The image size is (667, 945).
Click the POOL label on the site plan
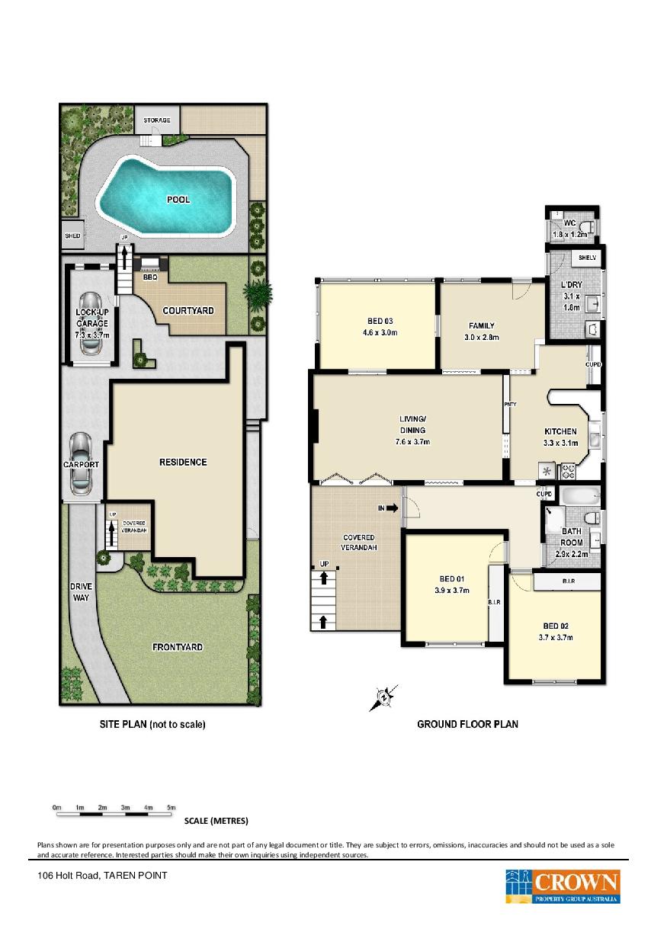click(178, 199)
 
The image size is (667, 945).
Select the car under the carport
click(81, 463)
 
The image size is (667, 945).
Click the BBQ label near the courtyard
click(149, 277)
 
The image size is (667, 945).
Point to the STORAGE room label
click(156, 120)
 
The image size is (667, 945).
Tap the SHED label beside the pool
click(72, 235)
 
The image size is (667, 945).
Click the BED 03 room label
click(380, 321)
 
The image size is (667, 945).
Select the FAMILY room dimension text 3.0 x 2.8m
click(481, 337)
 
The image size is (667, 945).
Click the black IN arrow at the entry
click(392, 508)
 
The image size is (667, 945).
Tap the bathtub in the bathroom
click(580, 495)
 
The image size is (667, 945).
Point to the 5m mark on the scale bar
click(171, 808)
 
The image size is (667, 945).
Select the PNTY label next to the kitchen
click(510, 404)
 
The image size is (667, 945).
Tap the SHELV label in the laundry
click(587, 258)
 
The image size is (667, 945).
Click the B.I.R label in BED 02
click(568, 581)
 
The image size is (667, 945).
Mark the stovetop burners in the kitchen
click(567, 471)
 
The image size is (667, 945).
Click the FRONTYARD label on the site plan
click(177, 647)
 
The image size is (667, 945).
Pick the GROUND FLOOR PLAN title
click(467, 724)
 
